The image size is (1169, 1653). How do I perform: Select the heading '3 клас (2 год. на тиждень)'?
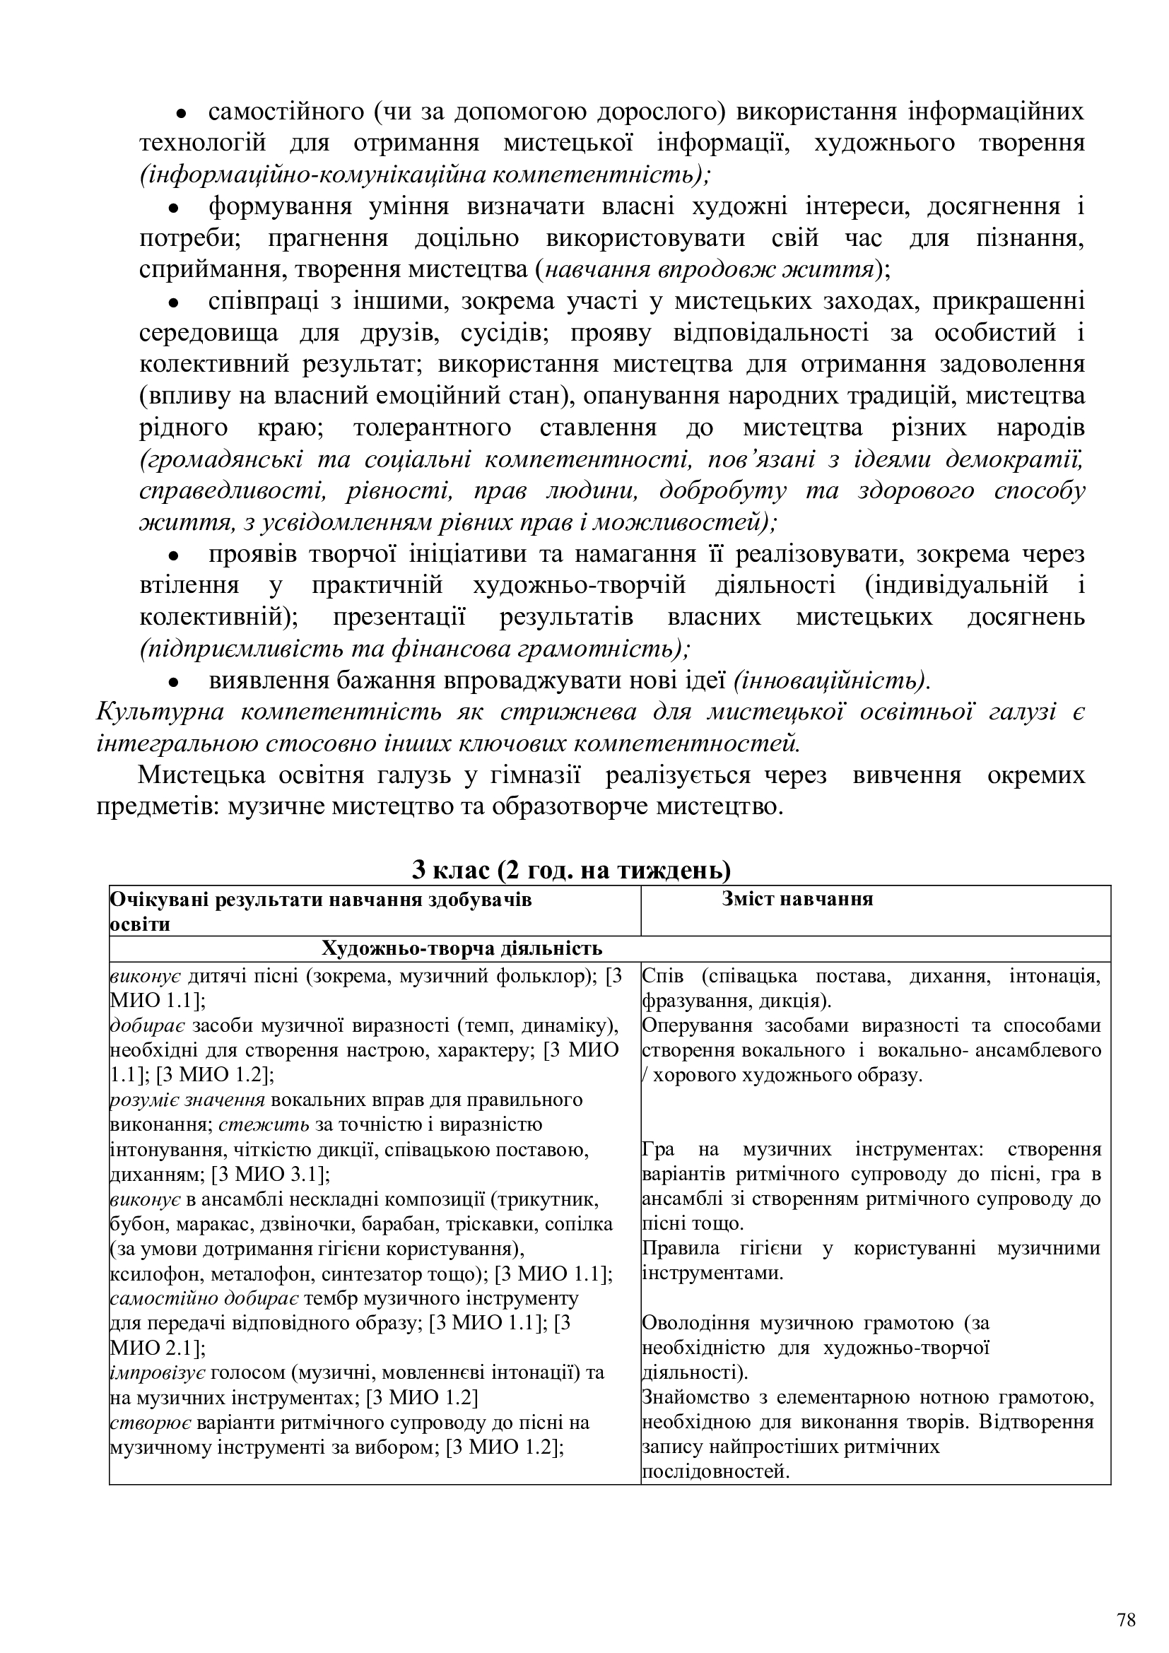coord(571,871)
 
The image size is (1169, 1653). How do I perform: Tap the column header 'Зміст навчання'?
coord(797,898)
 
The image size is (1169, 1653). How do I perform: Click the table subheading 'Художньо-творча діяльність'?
coord(462,948)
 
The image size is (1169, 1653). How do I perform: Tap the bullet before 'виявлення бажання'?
coord(172,681)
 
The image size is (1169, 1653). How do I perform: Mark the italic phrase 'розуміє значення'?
coord(187,1100)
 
